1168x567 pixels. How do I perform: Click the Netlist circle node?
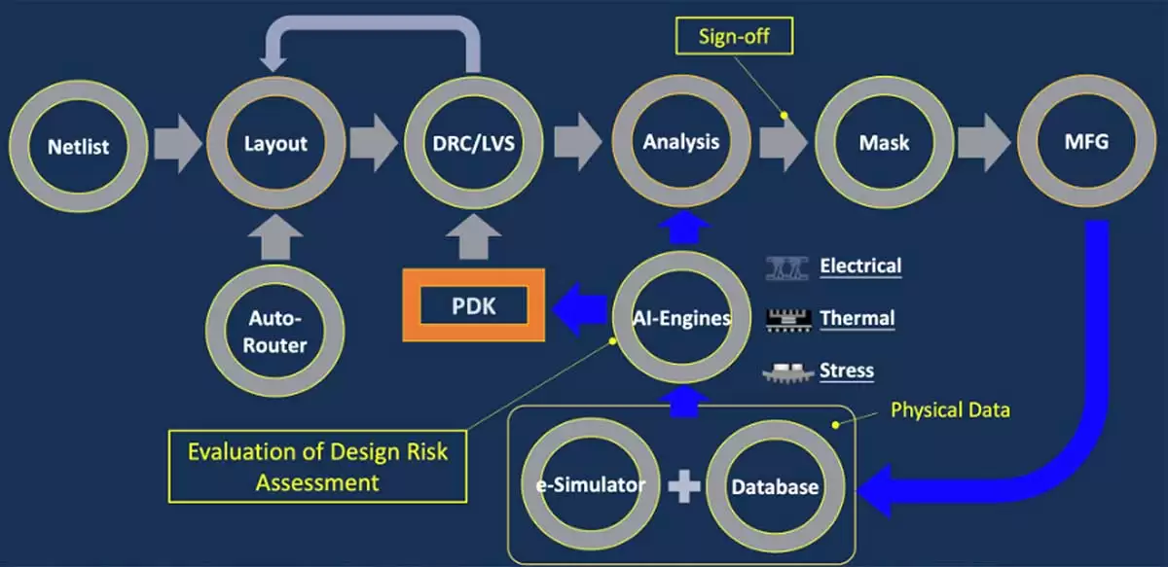[79, 146]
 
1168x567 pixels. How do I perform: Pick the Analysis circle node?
[681, 142]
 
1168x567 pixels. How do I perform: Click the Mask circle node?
[883, 142]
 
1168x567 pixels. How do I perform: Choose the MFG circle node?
[1087, 142]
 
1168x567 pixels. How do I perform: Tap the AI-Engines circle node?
[681, 318]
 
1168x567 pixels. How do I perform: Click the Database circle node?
[776, 485]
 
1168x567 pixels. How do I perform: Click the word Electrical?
[860, 266]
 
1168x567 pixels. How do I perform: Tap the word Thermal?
[857, 318]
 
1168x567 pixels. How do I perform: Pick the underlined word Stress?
[846, 371]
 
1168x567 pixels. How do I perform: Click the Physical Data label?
[950, 410]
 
